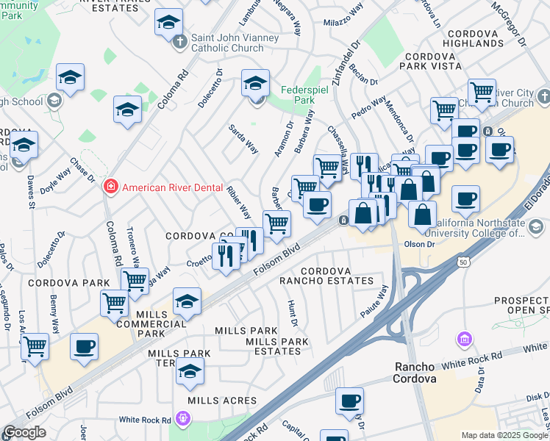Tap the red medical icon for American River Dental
(x=111, y=187)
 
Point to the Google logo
(x=24, y=432)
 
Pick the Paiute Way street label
(x=374, y=303)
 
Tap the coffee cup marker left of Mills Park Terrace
(x=84, y=346)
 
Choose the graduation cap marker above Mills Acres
(x=190, y=372)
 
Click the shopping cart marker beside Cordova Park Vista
(x=445, y=110)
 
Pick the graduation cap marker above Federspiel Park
(x=256, y=84)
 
